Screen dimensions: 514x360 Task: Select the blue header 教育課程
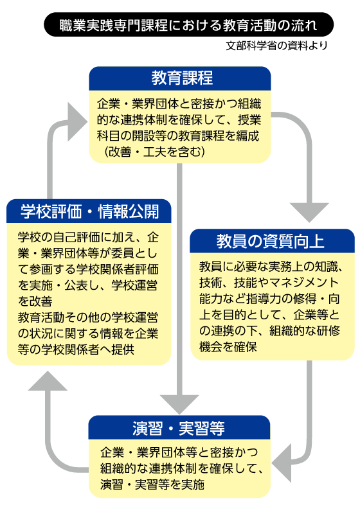[179, 78]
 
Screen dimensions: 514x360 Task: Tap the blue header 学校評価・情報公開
[89, 211]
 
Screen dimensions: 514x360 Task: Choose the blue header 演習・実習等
[179, 427]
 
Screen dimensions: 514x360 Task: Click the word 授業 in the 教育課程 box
[248, 120]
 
